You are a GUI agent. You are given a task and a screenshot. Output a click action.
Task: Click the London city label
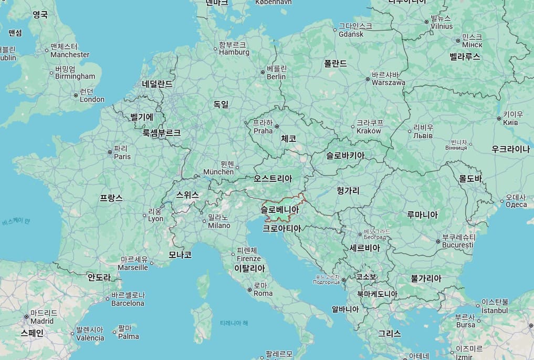(x=92, y=96)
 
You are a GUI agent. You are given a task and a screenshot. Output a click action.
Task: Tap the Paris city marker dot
(x=110, y=152)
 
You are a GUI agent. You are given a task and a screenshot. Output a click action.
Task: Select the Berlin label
(x=276, y=73)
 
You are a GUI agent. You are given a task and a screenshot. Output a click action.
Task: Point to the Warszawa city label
(x=388, y=79)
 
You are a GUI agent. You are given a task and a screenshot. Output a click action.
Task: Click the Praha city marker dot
(x=277, y=126)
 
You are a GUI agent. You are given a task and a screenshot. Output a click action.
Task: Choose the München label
(x=218, y=168)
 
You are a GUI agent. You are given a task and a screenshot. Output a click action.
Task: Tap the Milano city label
(x=218, y=221)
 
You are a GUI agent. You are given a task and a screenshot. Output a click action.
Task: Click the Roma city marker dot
(x=249, y=289)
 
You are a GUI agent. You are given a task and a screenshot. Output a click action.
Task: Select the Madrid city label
(x=42, y=317)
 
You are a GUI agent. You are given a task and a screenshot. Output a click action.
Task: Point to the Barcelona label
(x=128, y=299)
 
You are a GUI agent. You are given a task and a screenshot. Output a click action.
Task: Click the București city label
(x=458, y=241)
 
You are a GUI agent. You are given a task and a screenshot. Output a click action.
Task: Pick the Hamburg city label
(x=234, y=48)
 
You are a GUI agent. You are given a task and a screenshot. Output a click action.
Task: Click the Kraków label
(x=369, y=127)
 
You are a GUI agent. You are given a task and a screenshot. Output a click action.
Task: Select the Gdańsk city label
(x=351, y=30)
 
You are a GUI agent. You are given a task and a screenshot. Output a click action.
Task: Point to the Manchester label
(x=70, y=50)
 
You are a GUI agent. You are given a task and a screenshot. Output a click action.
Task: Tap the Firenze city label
(x=248, y=254)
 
